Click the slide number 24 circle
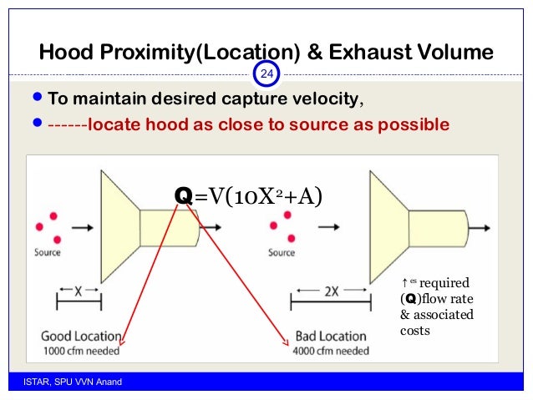tap(267, 75)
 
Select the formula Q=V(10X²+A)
tap(247, 195)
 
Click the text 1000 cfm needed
tap(82, 351)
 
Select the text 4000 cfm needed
tap(331, 351)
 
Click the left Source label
tap(48, 251)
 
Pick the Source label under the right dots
tap(282, 251)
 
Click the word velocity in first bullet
tap(324, 100)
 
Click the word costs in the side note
tap(415, 329)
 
